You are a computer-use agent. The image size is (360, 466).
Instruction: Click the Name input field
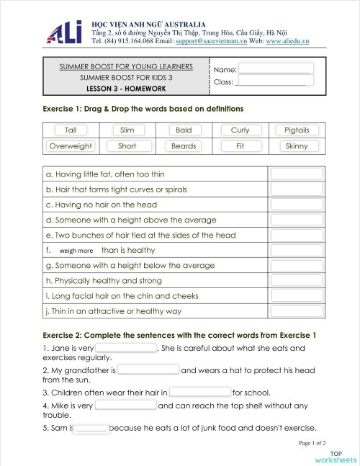(x=276, y=68)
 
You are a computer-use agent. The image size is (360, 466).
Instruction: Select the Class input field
(x=274, y=81)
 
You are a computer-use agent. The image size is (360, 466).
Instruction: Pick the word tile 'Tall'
(x=71, y=130)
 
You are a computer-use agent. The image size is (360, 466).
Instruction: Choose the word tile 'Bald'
(x=184, y=130)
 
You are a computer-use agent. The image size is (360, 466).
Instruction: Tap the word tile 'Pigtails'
(x=297, y=130)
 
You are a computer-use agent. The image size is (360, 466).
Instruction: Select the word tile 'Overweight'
(x=71, y=145)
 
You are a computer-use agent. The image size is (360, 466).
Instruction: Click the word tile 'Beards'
(x=184, y=145)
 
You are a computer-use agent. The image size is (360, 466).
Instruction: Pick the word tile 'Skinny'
(x=297, y=145)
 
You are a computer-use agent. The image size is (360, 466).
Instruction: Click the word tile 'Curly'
(x=240, y=130)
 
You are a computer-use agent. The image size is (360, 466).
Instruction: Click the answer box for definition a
(x=297, y=174)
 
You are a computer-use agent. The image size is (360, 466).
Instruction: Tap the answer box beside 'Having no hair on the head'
(x=297, y=205)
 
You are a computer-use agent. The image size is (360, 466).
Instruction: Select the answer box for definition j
(x=297, y=311)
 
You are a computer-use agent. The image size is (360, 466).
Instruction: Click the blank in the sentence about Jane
(x=126, y=348)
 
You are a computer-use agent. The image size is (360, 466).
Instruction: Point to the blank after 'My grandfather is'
(x=148, y=370)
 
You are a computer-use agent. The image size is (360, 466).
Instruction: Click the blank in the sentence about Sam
(x=91, y=429)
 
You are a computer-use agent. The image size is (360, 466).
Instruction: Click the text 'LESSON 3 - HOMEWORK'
(x=126, y=89)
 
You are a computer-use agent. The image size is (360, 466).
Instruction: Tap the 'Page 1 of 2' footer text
(x=312, y=443)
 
